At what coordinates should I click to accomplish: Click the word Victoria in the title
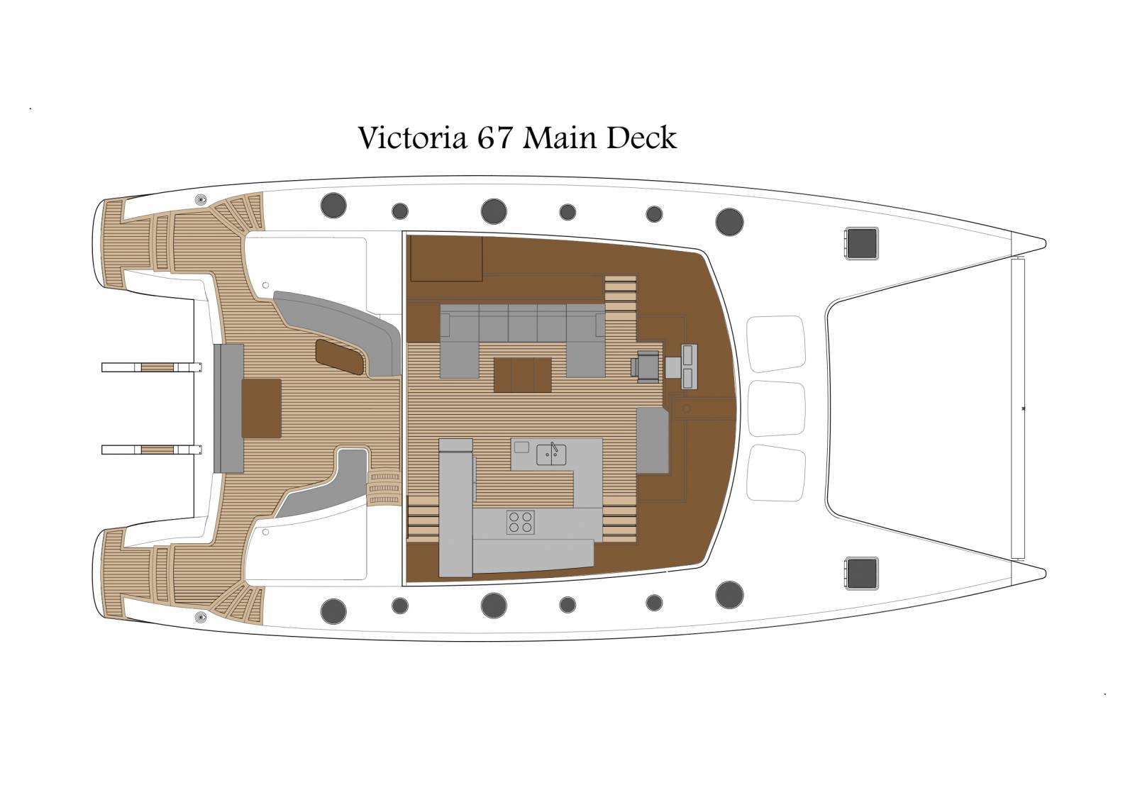point(412,138)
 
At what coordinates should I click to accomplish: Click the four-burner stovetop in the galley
point(521,523)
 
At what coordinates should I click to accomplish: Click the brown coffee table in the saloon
point(522,375)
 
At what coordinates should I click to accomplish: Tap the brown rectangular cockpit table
point(262,408)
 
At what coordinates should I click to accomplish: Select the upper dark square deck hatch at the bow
point(861,244)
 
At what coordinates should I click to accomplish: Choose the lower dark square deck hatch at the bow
point(861,574)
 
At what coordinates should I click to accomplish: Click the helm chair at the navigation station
point(646,365)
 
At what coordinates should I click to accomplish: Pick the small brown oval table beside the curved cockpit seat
point(340,357)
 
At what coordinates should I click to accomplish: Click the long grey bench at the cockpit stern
point(228,408)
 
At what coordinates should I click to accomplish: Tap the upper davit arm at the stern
point(152,367)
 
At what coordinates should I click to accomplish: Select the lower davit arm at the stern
point(152,450)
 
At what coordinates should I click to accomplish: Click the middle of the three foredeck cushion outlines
point(776,408)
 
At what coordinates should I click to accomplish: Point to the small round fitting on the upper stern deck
point(201,201)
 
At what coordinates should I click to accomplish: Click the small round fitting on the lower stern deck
point(201,617)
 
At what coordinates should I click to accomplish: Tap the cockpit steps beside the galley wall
point(384,489)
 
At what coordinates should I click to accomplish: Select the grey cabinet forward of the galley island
point(653,440)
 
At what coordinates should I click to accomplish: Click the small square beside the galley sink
point(522,447)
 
